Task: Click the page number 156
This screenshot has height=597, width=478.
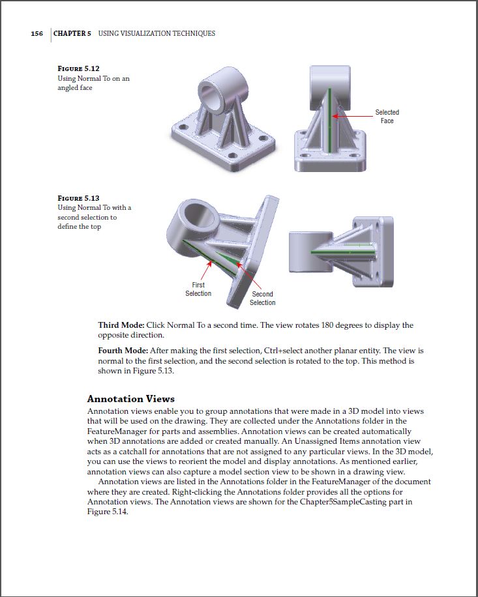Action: (37, 33)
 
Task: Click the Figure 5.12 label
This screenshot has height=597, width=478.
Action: (78, 68)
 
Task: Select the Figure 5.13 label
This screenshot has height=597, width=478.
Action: (78, 198)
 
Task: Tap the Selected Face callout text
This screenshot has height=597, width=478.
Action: (387, 117)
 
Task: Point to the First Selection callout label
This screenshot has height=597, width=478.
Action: (198, 289)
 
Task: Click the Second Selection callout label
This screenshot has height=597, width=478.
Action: (262, 298)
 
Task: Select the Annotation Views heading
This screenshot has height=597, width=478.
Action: (130, 399)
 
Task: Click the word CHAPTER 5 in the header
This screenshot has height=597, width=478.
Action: (72, 33)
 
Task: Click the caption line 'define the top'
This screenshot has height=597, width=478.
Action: (79, 227)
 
